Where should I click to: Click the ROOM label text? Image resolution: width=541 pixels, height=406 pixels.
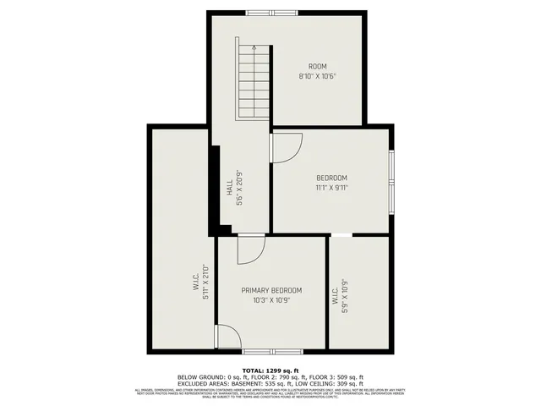317,67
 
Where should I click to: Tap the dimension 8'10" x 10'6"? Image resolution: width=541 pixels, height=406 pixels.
317,76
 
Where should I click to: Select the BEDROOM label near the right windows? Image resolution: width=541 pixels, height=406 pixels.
331,178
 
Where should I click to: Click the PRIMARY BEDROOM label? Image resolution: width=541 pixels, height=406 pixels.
271,290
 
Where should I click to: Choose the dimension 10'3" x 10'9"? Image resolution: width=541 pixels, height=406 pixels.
271,299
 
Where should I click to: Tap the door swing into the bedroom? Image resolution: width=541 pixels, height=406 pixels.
285,147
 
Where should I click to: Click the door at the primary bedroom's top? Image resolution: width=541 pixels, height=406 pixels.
251,248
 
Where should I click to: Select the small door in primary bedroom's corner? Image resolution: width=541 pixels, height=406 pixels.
226,337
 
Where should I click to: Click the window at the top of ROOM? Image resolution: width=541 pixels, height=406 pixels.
272,12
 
